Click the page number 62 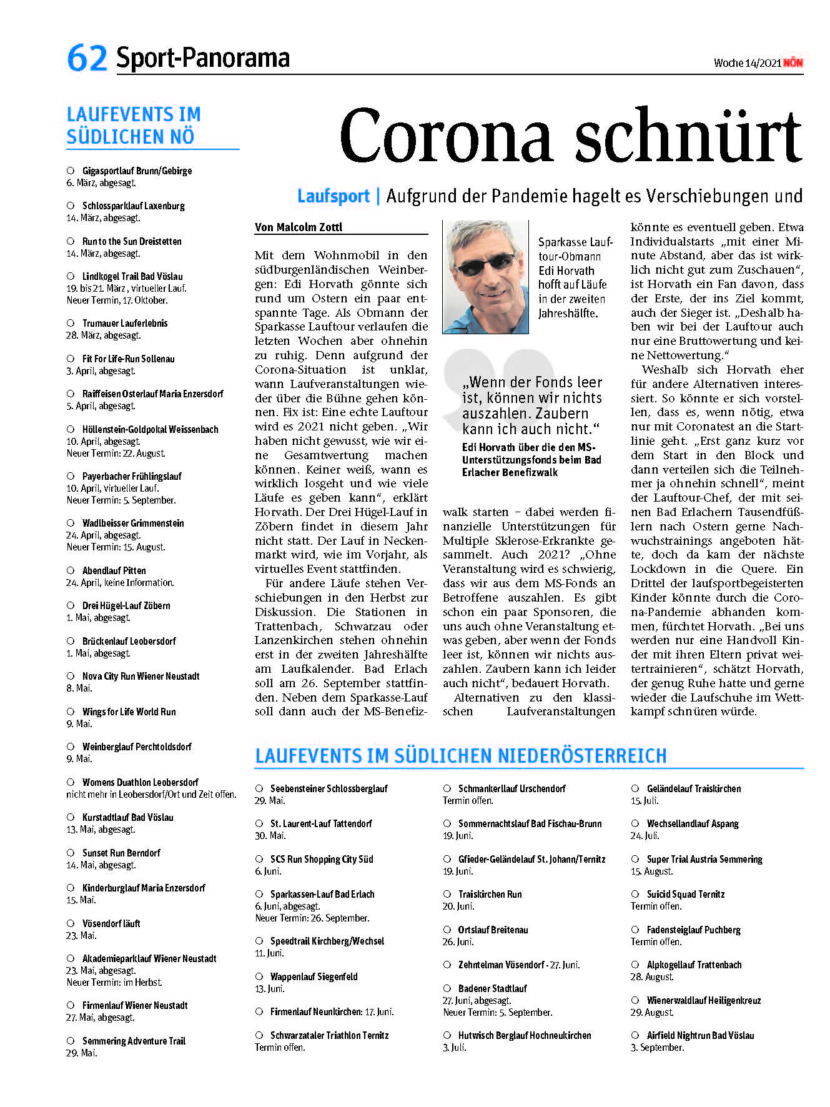[87, 57]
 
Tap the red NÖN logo [793, 62]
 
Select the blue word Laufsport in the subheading [333, 196]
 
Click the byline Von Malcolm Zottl [299, 227]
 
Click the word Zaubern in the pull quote [557, 414]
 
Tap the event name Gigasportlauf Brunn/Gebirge [137, 171]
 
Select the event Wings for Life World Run [129, 712]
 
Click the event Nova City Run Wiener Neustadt [141, 676]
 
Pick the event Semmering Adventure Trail [134, 1041]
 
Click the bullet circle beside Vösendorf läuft [71, 923]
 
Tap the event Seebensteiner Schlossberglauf [329, 788]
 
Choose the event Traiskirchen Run [490, 894]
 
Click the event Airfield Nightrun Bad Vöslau [700, 1035]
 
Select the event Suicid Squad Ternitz [685, 894]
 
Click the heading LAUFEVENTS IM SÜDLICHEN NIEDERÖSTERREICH [461, 756]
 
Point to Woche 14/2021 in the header [747, 63]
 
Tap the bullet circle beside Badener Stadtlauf [447, 988]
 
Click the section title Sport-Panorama [203, 58]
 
